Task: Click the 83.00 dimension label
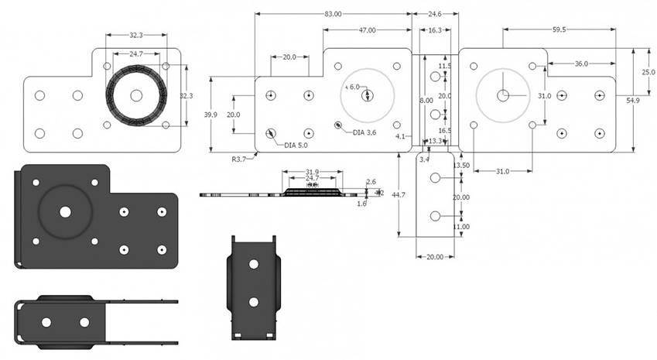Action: click(333, 14)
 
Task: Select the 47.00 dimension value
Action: click(367, 30)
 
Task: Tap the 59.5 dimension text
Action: click(559, 29)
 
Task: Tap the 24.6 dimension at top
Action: click(435, 14)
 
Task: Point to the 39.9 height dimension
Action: click(210, 115)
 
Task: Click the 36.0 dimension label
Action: click(580, 63)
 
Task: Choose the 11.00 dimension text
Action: click(462, 227)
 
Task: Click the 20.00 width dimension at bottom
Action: click(435, 256)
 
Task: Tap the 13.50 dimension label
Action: click(462, 165)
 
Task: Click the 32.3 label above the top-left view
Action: click(136, 35)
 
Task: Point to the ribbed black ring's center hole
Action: click(136, 95)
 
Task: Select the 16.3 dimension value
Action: click(435, 30)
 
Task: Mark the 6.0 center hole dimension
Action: click(354, 87)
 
